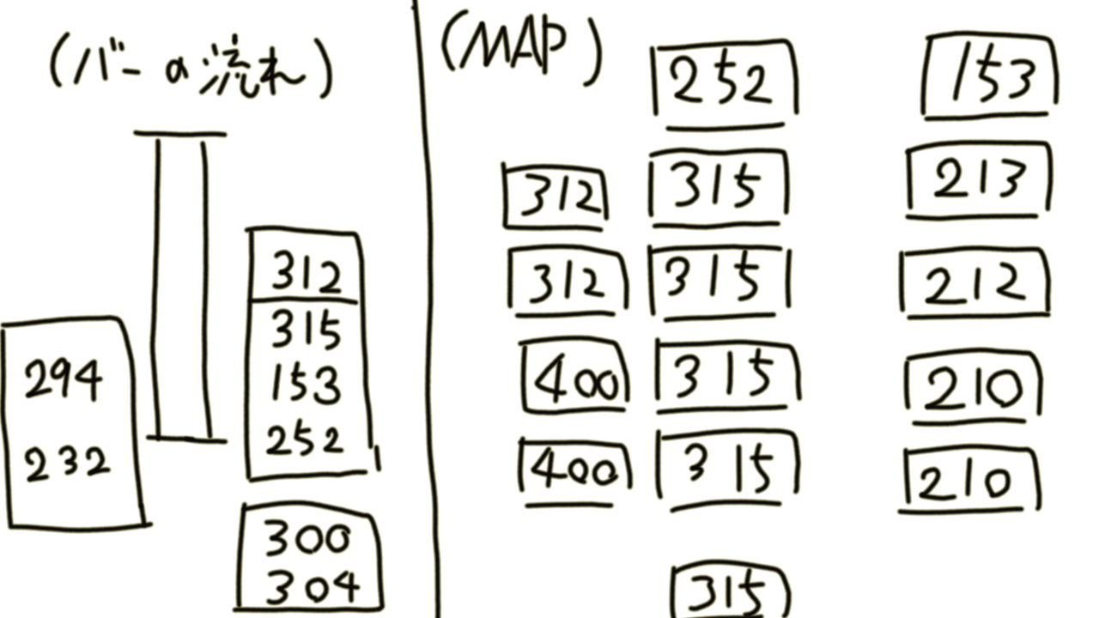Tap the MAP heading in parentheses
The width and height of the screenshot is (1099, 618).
click(x=520, y=51)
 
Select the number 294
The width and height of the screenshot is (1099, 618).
click(x=62, y=380)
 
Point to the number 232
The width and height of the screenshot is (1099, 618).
click(x=67, y=464)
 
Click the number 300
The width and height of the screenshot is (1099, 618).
click(x=307, y=540)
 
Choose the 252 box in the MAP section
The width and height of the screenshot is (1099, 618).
click(x=723, y=82)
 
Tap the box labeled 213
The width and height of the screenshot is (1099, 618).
click(x=979, y=181)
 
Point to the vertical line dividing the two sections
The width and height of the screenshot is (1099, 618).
click(x=426, y=309)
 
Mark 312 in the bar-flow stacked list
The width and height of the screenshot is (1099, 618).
click(x=306, y=276)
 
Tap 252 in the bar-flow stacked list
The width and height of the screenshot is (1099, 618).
click(x=304, y=440)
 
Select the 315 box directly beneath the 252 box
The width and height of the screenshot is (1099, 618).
click(x=718, y=186)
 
